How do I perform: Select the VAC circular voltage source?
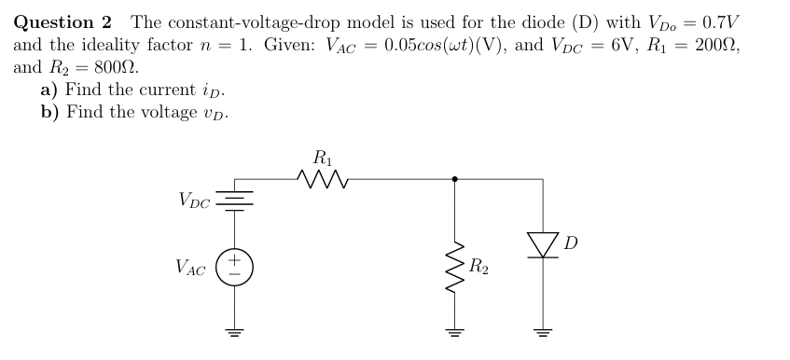click(233, 267)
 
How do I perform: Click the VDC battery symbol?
click(233, 201)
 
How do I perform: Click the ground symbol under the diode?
click(543, 331)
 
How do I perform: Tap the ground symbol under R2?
click(454, 331)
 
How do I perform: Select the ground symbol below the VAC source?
click(233, 331)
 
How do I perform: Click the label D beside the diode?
click(571, 243)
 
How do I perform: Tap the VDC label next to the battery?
click(193, 201)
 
